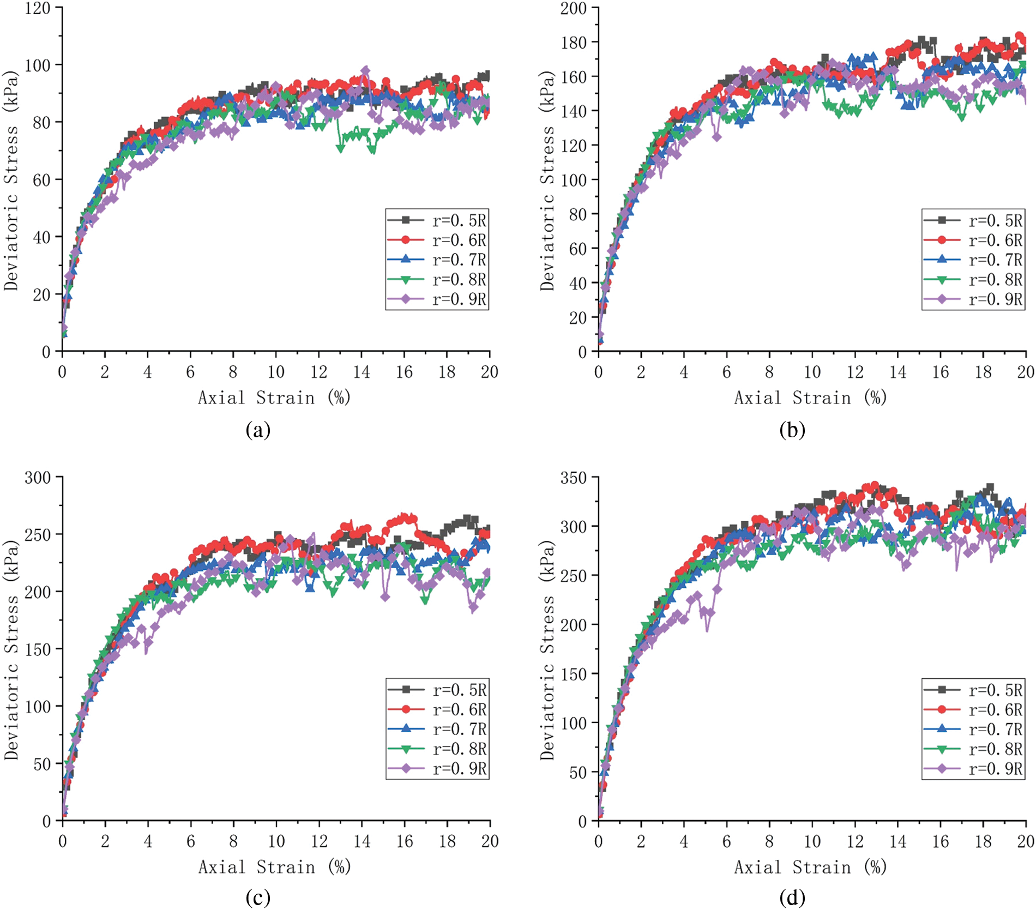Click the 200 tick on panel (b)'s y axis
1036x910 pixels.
click(573, 8)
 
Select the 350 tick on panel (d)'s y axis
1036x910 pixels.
click(573, 478)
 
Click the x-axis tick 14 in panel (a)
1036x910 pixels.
click(361, 372)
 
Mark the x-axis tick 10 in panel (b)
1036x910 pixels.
click(812, 372)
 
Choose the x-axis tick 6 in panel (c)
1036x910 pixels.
click(190, 841)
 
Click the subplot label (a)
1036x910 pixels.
click(258, 430)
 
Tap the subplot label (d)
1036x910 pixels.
click(792, 897)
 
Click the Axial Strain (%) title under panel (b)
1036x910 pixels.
click(810, 397)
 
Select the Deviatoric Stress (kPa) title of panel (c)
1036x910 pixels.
click(11, 649)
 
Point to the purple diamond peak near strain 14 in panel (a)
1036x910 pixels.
click(365, 70)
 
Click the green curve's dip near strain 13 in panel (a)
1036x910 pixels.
click(341, 148)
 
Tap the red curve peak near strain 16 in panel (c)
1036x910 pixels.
click(405, 516)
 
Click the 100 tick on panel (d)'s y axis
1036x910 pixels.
click(573, 724)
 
